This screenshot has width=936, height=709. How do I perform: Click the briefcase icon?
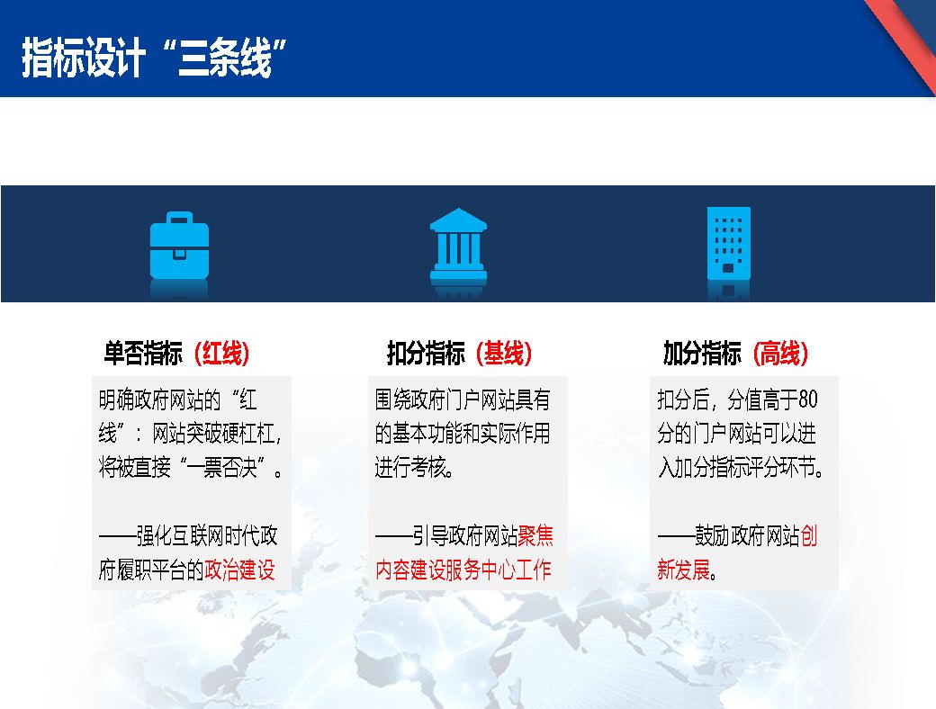click(179, 246)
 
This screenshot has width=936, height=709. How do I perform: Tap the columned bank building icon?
click(458, 246)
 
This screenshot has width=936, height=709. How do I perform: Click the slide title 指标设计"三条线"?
click(154, 58)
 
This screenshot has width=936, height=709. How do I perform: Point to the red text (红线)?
click(222, 354)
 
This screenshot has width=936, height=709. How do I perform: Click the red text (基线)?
click(504, 354)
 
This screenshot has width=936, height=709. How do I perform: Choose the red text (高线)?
click(780, 354)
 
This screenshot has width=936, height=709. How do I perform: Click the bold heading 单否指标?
click(143, 354)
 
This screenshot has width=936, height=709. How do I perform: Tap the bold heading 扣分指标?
click(426, 354)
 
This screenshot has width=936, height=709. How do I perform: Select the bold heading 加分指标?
click(702, 354)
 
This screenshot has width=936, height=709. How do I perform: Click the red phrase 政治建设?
click(240, 570)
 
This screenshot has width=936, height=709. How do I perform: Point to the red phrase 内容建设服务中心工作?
click(463, 570)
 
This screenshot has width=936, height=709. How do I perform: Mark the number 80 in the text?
click(807, 399)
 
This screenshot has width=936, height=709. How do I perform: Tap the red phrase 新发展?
click(683, 570)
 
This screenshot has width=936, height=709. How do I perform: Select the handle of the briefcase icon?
click(179, 218)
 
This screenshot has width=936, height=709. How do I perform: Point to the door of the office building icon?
click(728, 268)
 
